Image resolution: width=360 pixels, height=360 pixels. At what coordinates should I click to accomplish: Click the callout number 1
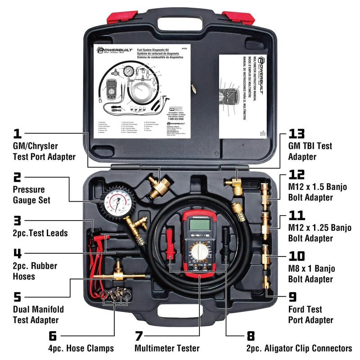tap(17, 133)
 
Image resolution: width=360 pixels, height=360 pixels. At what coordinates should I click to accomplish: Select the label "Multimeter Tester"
tap(167, 348)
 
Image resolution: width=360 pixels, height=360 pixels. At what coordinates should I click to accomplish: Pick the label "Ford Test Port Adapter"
tap(310, 315)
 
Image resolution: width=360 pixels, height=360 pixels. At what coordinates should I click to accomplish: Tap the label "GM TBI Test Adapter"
tap(310, 151)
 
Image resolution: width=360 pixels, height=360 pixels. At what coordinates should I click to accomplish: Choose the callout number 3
tap(18, 220)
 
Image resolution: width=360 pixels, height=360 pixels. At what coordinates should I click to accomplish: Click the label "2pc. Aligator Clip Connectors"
tap(299, 348)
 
